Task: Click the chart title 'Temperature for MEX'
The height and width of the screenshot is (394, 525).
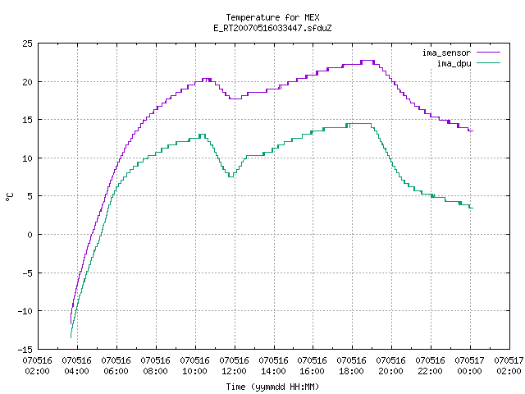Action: click(x=272, y=17)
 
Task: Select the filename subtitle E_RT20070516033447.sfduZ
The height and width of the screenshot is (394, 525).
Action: click(x=272, y=28)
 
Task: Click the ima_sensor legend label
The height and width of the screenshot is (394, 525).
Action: click(x=446, y=53)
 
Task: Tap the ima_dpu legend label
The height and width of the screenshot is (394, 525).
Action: click(x=454, y=63)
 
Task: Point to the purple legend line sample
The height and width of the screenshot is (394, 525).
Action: click(x=489, y=53)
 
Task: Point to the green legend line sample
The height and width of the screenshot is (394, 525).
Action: click(x=489, y=63)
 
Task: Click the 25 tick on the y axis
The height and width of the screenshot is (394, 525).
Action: click(x=27, y=44)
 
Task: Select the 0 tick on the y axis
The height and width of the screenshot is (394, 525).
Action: click(x=30, y=235)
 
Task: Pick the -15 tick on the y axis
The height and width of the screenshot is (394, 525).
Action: click(x=25, y=350)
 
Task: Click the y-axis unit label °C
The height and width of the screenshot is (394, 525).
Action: click(x=9, y=197)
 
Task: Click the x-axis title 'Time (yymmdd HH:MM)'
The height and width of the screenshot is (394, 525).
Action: click(x=272, y=387)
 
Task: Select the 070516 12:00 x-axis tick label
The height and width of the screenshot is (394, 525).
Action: click(x=235, y=366)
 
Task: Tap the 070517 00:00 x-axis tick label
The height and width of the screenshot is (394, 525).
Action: click(x=470, y=366)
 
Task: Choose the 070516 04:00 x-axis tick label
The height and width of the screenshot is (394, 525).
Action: click(x=77, y=366)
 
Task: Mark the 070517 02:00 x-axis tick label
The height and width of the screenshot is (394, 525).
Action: click(x=509, y=366)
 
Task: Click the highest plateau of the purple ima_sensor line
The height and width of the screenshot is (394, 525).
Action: click(x=367, y=61)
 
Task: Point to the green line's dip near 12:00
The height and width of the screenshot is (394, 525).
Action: click(x=231, y=176)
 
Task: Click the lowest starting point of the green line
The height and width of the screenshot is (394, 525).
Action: click(x=71, y=337)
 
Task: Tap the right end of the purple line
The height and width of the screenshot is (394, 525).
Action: click(x=472, y=131)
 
